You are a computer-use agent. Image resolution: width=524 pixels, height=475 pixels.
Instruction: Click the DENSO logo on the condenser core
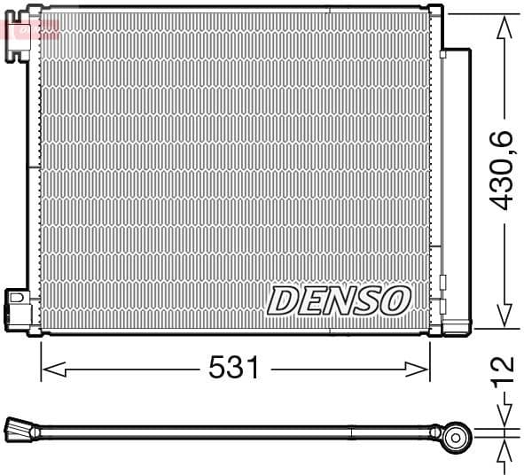pyautogui.click(x=338, y=300)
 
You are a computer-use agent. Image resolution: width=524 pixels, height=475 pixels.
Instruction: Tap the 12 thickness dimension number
pyautogui.click(x=503, y=364)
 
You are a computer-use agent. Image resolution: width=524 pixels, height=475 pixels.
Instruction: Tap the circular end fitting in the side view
pyautogui.click(x=457, y=435)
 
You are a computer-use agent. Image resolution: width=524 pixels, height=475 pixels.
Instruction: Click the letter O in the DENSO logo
pyautogui.click(x=395, y=300)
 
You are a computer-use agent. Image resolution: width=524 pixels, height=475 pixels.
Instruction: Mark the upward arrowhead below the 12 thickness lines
pyautogui.click(x=504, y=449)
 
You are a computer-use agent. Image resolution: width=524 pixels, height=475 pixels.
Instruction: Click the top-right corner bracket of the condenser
pyautogui.click(x=435, y=12)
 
